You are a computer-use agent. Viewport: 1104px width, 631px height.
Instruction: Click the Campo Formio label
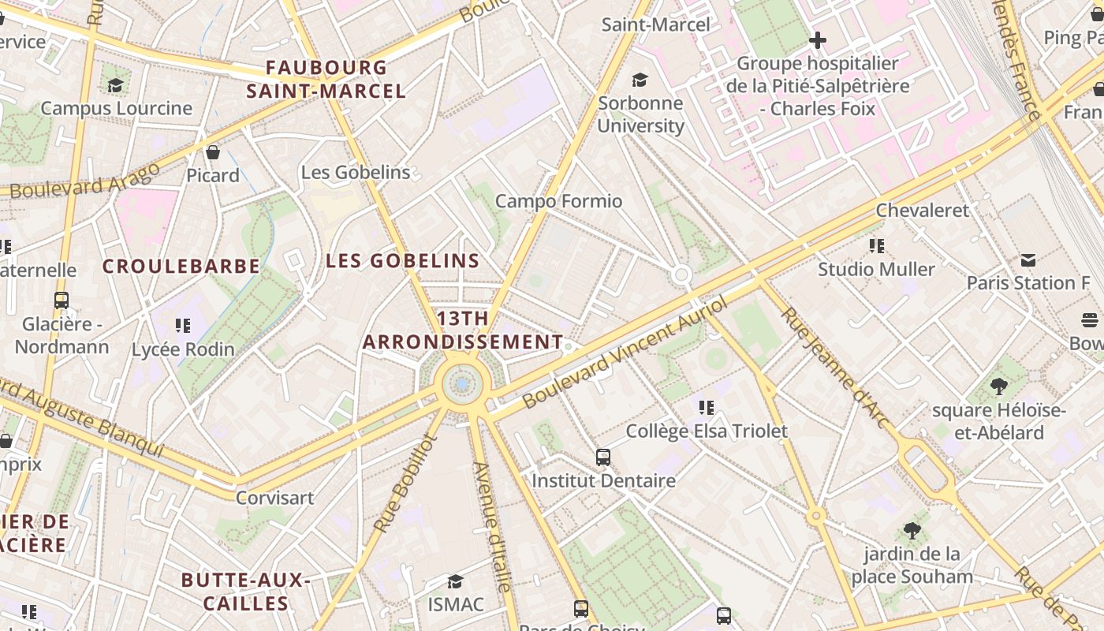[558, 201]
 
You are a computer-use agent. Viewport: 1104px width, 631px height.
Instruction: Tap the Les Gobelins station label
[356, 172]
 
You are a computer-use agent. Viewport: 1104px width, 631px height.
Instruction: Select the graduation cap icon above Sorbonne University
[640, 80]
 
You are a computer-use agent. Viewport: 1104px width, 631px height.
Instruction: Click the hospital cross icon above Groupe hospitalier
[818, 39]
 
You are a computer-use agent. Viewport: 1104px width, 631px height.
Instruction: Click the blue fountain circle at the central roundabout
[462, 384]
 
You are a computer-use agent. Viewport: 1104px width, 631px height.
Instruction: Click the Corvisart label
[274, 498]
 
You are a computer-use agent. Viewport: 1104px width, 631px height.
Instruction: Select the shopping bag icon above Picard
[212, 151]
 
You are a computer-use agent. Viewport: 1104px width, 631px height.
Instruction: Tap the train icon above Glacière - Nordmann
[62, 301]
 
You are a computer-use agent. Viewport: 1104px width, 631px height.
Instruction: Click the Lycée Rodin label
[183, 349]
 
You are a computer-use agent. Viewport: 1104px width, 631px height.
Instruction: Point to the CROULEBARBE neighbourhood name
[181, 267]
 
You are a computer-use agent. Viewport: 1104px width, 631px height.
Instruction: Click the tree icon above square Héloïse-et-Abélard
[998, 386]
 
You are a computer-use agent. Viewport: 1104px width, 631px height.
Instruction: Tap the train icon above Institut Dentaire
[603, 457]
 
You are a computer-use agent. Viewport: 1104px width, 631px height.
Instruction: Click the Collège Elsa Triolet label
[707, 431]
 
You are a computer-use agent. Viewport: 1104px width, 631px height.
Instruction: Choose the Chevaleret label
[923, 211]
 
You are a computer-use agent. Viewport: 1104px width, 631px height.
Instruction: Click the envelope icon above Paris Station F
[1028, 259]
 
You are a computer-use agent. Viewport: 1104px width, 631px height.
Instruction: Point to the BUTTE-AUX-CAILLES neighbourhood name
[245, 592]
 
